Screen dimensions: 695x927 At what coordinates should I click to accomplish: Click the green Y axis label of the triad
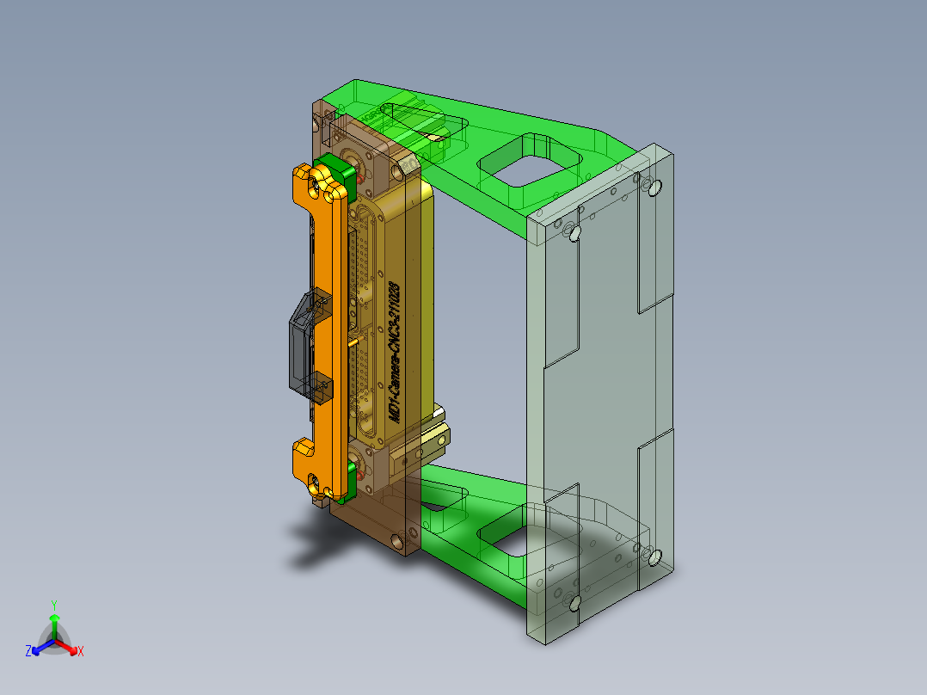(x=54, y=605)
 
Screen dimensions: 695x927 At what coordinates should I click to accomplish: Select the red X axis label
(x=80, y=651)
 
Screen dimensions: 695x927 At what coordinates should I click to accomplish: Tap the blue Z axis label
(x=28, y=651)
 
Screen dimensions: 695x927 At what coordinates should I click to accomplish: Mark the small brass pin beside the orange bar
(x=353, y=342)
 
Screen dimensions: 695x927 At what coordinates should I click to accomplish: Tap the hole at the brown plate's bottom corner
(x=397, y=542)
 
